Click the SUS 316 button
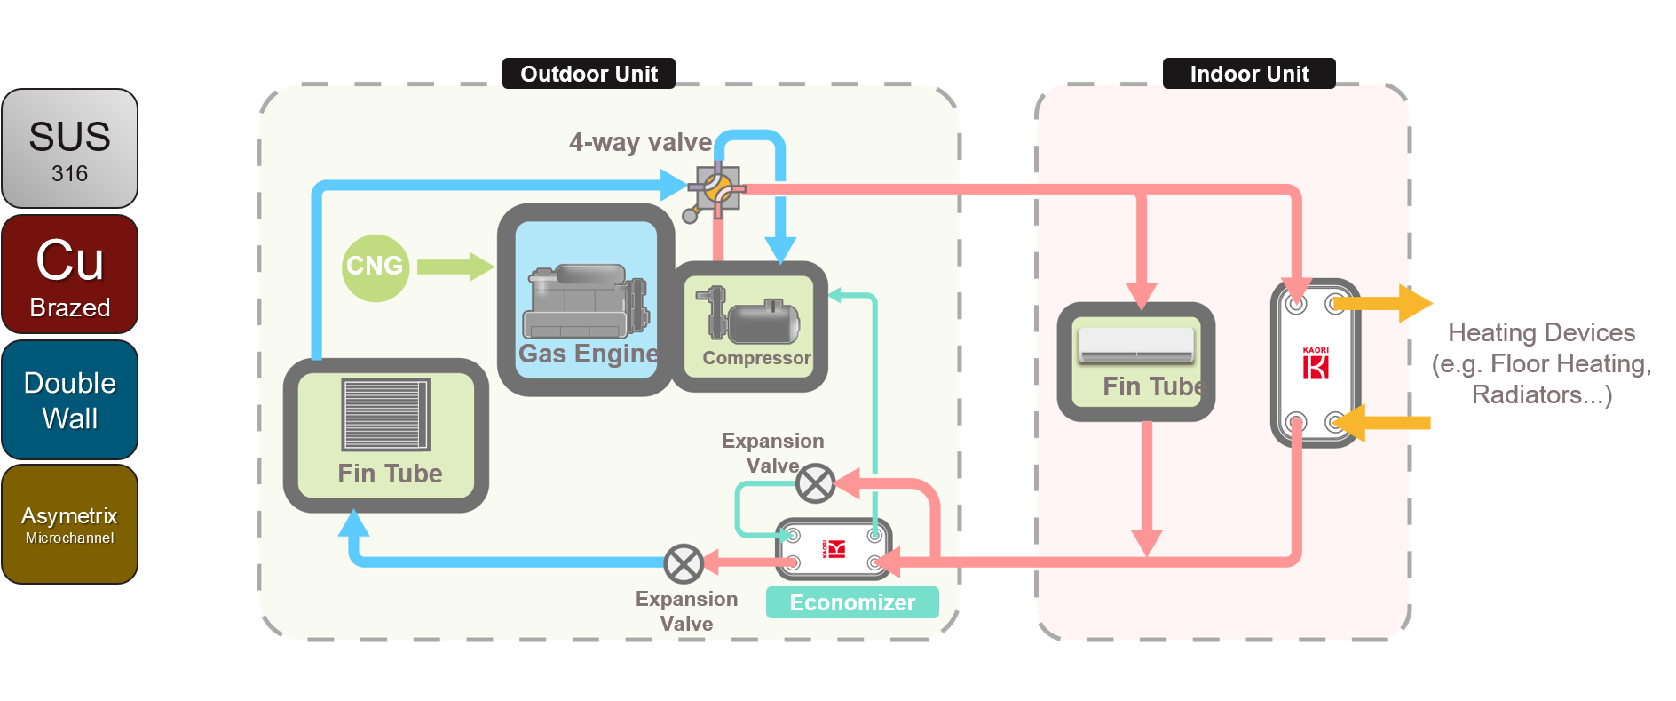70,148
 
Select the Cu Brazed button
70,275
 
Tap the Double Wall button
70,400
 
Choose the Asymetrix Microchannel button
70,524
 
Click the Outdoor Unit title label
589,74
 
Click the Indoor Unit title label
1249,74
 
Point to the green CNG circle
375,267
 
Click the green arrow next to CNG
455,267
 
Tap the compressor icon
747,315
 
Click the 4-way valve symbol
716,189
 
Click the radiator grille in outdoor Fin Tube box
386,414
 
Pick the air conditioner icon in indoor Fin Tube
1136,345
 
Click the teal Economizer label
852,602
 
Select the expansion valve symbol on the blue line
684,563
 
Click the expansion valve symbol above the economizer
815,484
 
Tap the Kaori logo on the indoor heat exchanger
1316,362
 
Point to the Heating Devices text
1541,362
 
